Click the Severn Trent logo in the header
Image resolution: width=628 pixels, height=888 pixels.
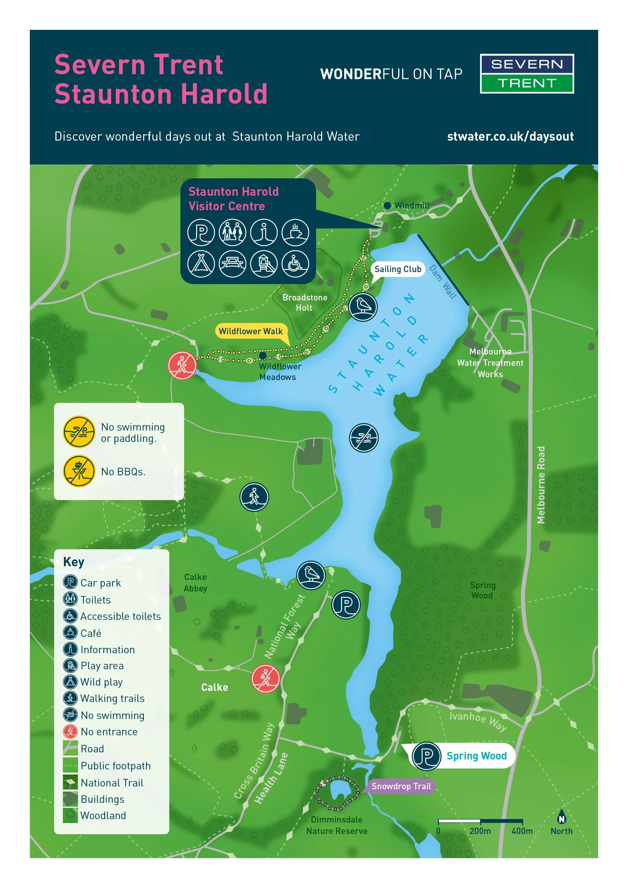click(527, 74)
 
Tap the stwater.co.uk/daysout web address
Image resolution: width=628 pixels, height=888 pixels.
click(510, 136)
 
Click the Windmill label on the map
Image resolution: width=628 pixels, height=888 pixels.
click(411, 206)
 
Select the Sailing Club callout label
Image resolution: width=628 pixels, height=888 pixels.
click(397, 269)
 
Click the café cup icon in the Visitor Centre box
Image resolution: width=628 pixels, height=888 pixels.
click(295, 232)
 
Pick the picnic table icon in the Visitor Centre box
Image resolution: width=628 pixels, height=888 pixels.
click(232, 264)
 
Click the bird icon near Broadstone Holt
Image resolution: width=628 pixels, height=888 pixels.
click(363, 307)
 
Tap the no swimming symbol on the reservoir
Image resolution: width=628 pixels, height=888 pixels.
click(363, 438)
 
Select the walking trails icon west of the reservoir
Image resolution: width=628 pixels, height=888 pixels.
click(254, 497)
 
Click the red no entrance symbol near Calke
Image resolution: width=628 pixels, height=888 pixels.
click(265, 679)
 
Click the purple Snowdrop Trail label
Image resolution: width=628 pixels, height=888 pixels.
click(401, 786)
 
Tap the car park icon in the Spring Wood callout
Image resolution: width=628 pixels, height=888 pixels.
click(426, 756)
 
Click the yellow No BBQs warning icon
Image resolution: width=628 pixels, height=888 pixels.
click(79, 471)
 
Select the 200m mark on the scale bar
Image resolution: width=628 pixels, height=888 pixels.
click(480, 831)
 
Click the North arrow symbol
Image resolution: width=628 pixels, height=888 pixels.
click(561, 818)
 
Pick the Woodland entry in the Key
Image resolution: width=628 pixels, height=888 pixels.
click(103, 815)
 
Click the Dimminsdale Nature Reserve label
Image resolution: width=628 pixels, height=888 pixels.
click(336, 825)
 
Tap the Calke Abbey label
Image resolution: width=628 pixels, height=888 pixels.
click(195, 583)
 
